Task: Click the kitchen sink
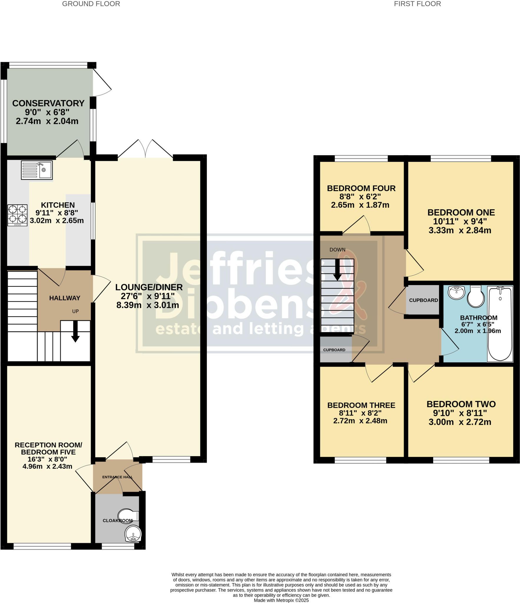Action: [x=37, y=170]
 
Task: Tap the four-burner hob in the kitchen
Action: [x=17, y=215]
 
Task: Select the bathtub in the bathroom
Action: [x=500, y=324]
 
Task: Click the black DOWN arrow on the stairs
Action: [x=337, y=269]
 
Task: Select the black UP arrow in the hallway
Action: [x=76, y=331]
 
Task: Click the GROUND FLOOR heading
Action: [x=91, y=4]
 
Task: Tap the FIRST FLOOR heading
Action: [x=417, y=4]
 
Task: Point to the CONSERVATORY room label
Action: [x=48, y=103]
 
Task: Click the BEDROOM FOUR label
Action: [x=361, y=188]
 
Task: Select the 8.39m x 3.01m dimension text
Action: [x=148, y=305]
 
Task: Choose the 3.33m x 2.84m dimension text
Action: [x=460, y=230]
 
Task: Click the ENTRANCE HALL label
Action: [x=118, y=477]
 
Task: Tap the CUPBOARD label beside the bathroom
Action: [x=423, y=300]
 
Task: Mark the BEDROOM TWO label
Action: [x=461, y=404]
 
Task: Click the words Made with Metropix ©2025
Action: [x=281, y=600]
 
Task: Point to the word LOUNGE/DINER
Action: [x=149, y=287]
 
